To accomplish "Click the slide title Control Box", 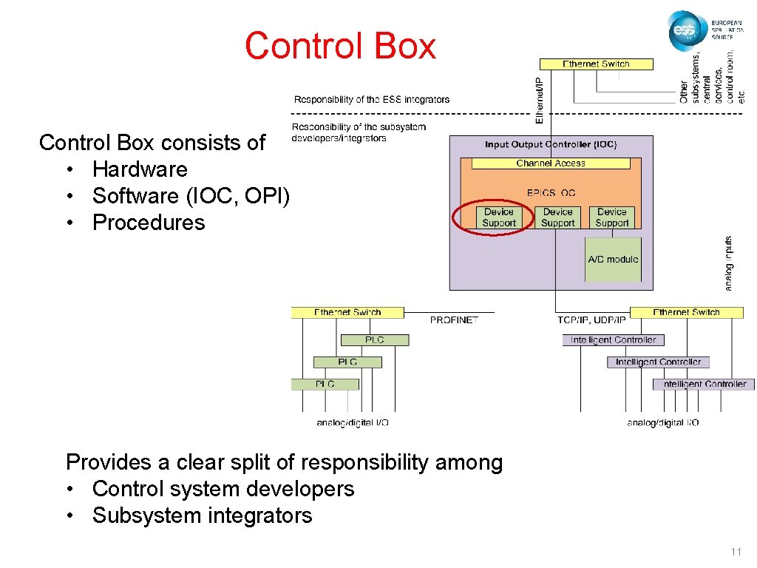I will coord(340,46).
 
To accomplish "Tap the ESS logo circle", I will coord(687,31).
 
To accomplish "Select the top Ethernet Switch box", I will coord(596,64).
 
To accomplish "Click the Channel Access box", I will coord(551,163).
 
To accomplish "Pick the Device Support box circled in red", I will coord(499,217).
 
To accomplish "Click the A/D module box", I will coord(613,260).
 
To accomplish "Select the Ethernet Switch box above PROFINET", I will coord(347,313).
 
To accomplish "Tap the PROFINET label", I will coord(454,320).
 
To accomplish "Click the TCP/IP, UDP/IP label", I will coord(591,320).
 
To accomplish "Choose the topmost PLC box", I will coord(374,339).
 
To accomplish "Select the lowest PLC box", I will coord(325,384).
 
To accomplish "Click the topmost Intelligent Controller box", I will coord(613,340).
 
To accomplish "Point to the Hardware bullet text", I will coord(140,169).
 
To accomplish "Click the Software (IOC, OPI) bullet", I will coord(191,196).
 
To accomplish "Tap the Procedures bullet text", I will coord(149,223).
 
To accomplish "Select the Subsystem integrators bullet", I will coord(202,515).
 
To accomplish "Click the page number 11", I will coord(735,552).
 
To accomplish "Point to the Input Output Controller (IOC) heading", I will coord(551,145).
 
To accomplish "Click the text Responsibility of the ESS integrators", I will coord(371,100).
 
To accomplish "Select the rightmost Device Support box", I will coord(612,217).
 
